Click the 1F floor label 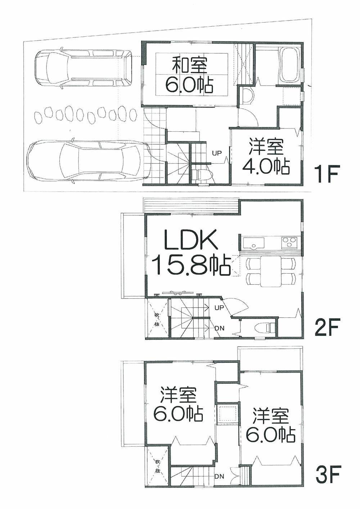tap(326, 175)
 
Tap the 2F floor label tap(326, 328)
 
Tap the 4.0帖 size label tap(266, 166)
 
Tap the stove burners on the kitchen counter tap(289, 242)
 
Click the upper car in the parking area tap(83, 68)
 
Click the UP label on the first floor tap(217, 153)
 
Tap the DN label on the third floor tap(220, 476)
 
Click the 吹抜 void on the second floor tap(157, 319)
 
